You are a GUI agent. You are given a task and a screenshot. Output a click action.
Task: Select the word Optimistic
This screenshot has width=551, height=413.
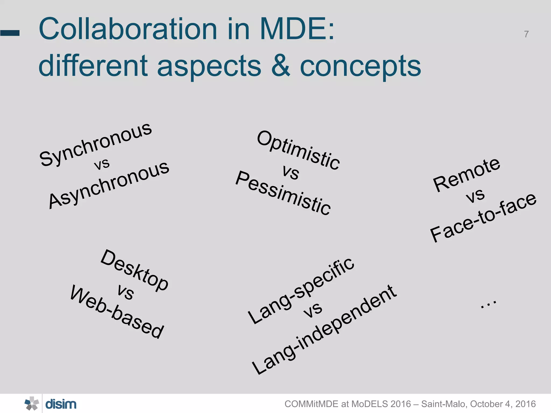298,150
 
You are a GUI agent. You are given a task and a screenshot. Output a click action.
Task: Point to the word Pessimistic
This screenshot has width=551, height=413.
283,193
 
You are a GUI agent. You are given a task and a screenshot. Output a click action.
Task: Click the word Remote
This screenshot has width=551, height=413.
467,175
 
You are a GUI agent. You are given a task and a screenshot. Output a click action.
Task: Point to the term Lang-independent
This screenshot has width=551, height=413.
324,329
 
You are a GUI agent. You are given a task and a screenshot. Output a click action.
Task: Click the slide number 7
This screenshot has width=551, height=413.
526,34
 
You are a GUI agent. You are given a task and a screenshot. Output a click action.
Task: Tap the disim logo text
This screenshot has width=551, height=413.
61,404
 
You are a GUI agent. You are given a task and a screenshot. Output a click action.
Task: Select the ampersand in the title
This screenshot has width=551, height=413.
281,65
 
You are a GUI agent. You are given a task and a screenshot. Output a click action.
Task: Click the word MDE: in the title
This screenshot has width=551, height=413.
297,29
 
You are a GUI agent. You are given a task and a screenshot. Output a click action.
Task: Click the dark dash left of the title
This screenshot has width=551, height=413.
10,33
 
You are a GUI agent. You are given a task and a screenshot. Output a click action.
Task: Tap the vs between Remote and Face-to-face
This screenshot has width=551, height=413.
475,195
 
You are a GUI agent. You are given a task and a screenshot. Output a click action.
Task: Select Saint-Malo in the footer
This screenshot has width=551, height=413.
444,404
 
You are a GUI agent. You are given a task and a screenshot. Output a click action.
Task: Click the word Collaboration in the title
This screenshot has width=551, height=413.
128,29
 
